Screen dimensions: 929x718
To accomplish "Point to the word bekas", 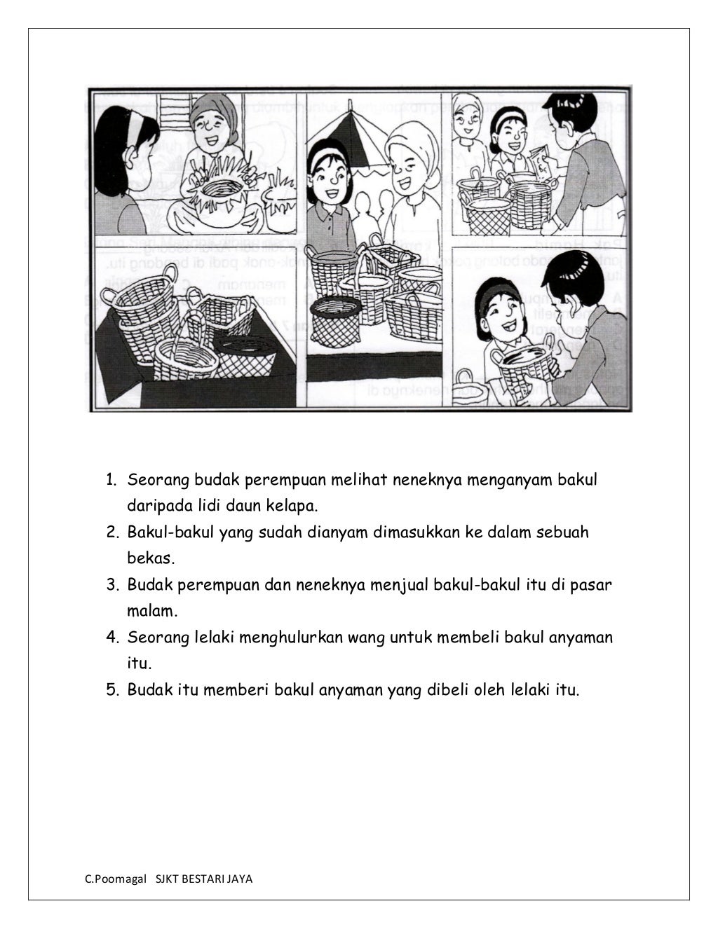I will [x=149, y=558].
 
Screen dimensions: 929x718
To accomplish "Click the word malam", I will [x=151, y=611].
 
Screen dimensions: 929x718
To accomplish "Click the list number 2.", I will [x=111, y=532].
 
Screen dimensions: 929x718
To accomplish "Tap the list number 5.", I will [x=111, y=690].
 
